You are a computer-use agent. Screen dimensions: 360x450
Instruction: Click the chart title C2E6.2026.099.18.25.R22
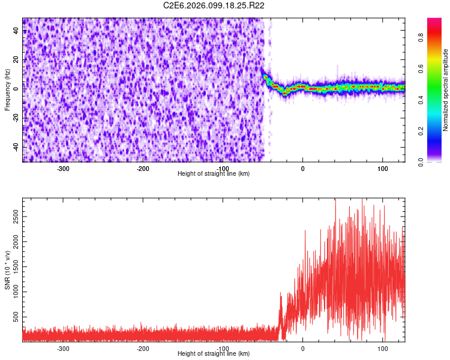(x=214, y=5)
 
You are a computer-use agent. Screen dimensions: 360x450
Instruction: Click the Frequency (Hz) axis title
(x=7, y=90)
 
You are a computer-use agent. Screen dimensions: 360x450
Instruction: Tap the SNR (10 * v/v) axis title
(x=7, y=270)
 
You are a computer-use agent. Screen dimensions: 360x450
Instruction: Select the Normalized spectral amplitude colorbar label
(x=446, y=90)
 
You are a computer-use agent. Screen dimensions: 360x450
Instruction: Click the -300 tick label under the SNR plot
(x=63, y=349)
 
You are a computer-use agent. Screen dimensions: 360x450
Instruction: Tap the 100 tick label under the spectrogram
(x=383, y=169)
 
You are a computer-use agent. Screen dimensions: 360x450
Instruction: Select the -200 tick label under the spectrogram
(x=143, y=169)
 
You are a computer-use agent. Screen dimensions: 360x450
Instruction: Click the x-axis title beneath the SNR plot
(x=214, y=354)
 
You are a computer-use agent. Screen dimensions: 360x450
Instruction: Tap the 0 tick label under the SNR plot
(x=303, y=349)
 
